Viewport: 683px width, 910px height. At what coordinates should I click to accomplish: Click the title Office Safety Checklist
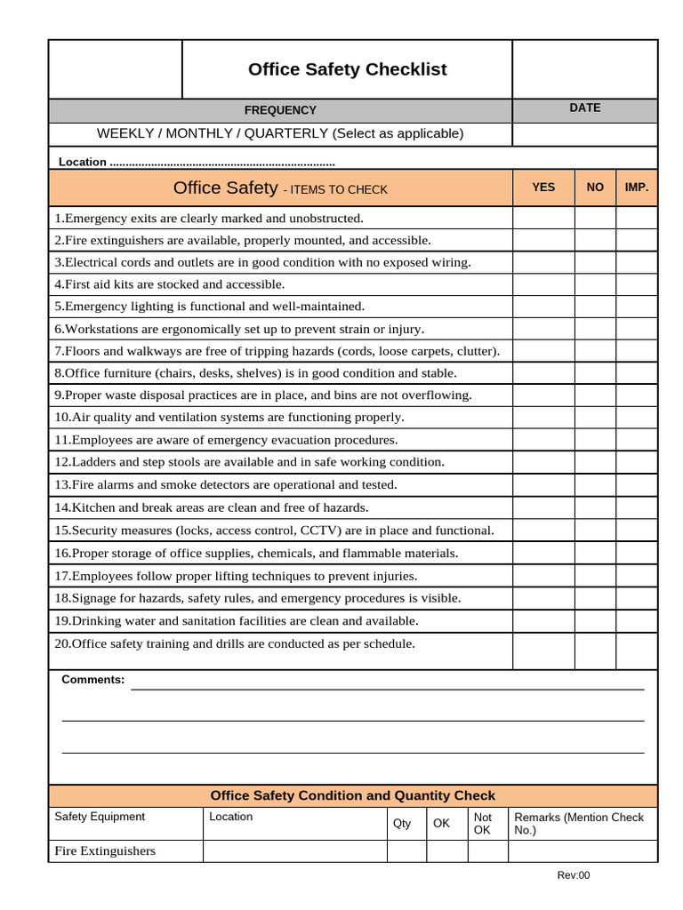click(x=347, y=69)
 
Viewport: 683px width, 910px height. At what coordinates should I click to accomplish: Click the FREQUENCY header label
click(x=280, y=110)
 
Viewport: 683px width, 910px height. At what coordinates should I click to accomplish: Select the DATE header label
click(x=584, y=108)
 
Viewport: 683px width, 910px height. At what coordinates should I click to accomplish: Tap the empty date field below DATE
click(x=584, y=134)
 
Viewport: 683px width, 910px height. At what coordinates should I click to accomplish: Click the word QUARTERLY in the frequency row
click(x=285, y=133)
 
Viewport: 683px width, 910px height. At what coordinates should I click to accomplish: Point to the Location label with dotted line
click(x=196, y=162)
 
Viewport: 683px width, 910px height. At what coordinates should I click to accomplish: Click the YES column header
click(x=542, y=188)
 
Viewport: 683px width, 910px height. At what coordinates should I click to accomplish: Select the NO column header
click(x=595, y=188)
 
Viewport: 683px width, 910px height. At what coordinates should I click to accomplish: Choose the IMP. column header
click(x=637, y=188)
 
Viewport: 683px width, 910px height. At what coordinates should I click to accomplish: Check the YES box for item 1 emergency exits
click(x=542, y=218)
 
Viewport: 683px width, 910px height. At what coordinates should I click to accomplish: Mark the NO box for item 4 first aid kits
click(x=595, y=284)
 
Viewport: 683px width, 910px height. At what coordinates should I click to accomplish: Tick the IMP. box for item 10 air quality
click(x=637, y=417)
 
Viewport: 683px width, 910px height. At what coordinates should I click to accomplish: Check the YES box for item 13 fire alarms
click(x=542, y=484)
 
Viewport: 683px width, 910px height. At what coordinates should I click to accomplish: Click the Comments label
click(x=92, y=680)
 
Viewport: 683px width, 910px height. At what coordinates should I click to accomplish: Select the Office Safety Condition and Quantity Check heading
click(x=352, y=795)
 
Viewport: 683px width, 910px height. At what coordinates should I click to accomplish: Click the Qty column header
click(x=402, y=824)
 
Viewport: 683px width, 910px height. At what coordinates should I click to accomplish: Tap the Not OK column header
click(x=483, y=824)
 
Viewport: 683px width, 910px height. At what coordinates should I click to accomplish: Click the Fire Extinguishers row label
click(x=105, y=851)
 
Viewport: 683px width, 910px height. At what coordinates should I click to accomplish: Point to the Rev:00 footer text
click(x=573, y=875)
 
